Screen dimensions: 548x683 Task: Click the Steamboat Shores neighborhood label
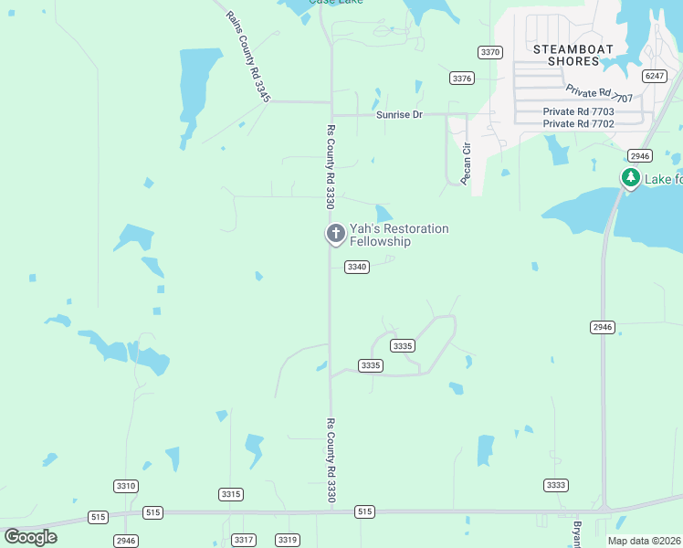[x=566, y=55]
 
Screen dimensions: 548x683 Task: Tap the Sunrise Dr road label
[x=400, y=115]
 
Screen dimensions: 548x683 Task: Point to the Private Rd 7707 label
[x=599, y=92]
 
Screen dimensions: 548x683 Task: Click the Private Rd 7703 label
[x=578, y=111]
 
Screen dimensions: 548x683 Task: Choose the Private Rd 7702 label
[x=578, y=123]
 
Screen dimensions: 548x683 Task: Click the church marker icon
[x=335, y=234]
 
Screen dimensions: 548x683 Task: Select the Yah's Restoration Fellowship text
[x=400, y=235]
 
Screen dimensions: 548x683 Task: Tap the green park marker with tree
[x=630, y=177]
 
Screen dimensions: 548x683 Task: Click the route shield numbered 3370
[x=490, y=52]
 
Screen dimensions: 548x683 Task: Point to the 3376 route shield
[x=462, y=79]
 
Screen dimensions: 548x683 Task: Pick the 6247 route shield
[x=654, y=76]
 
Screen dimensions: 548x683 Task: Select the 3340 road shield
[x=356, y=267]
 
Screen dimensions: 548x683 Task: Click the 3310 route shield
[x=126, y=486]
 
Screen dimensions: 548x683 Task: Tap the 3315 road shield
[x=231, y=494]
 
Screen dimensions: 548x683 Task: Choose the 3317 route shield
[x=243, y=540]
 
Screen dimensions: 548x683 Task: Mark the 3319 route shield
[x=288, y=540]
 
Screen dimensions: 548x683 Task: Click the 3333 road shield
[x=555, y=485]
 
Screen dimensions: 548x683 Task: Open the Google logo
[x=31, y=536]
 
